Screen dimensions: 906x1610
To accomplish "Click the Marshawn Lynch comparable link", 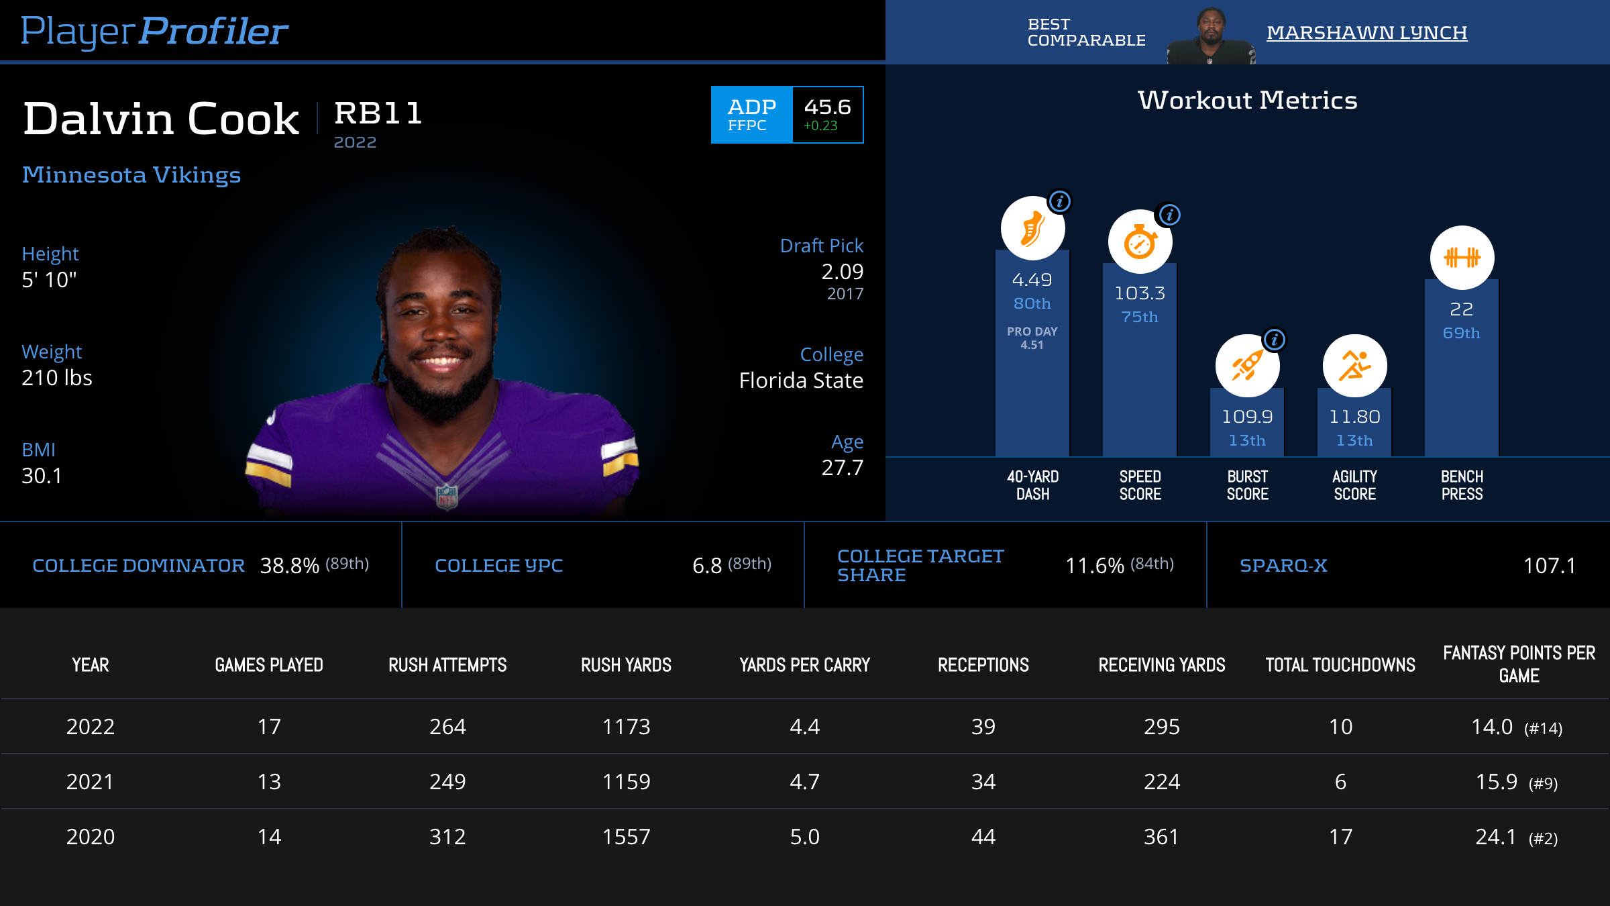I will (1366, 32).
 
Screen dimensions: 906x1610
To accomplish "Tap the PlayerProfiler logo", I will (154, 31).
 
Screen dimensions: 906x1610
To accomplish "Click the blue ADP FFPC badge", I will (752, 115).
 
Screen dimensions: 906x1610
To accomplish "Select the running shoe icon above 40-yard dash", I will (1032, 228).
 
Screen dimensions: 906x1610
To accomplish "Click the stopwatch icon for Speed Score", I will (1140, 242).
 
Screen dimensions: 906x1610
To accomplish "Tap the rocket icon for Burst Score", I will (1247, 366).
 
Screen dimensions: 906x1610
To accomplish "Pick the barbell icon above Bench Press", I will (1462, 258).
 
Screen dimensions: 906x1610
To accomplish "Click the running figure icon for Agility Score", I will (1354, 366).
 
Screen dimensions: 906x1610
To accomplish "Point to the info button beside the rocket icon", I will (1275, 340).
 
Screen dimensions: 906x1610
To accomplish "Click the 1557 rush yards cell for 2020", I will (626, 837).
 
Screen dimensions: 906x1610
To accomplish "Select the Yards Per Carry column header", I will (804, 665).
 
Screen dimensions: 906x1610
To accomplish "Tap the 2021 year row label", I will (90, 782).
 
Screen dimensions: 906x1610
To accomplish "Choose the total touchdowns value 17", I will (1340, 837).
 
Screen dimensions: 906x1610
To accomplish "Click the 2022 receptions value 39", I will (983, 727).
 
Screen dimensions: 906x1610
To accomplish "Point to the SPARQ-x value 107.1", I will (1549, 566).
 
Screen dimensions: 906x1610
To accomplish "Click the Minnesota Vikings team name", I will (131, 175).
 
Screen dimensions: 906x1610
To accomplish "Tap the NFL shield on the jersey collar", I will (447, 497).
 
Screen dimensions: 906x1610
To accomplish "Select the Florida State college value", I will (801, 381).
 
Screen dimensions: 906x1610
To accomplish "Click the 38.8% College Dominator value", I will (289, 566).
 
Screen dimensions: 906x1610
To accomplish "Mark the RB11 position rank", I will (378, 113).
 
